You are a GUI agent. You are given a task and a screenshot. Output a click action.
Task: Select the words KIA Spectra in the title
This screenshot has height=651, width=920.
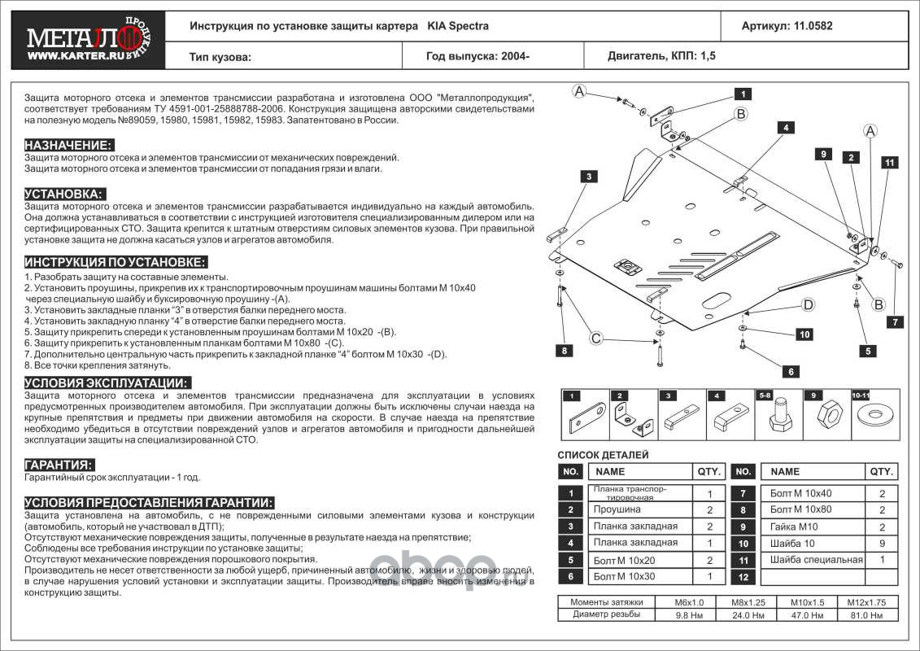click(458, 25)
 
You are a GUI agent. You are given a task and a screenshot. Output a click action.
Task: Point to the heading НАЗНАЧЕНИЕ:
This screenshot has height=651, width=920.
click(68, 145)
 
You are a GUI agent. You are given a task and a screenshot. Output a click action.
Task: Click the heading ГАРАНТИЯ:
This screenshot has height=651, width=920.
click(59, 465)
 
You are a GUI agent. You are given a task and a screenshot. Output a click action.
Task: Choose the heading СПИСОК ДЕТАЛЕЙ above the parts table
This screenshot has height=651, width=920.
click(603, 456)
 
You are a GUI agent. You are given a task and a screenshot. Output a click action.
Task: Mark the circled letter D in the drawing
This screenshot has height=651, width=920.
click(808, 305)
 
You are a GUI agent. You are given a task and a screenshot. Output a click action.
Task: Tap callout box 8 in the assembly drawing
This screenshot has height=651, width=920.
click(561, 351)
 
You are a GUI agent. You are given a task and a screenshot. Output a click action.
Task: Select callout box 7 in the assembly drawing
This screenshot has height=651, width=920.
click(894, 322)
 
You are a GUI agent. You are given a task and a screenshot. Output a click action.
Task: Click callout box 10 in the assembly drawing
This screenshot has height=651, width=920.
click(804, 334)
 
